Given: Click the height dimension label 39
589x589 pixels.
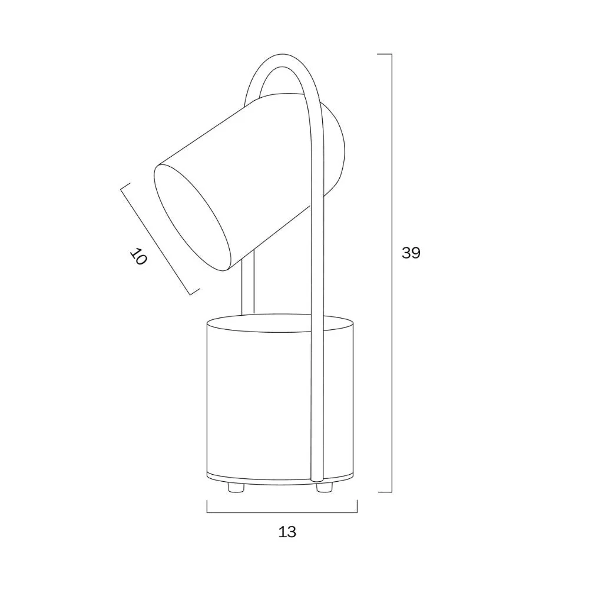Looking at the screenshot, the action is click(411, 253).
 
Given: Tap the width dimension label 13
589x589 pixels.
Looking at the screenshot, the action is click(287, 531).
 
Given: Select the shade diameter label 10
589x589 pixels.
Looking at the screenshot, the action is click(138, 257).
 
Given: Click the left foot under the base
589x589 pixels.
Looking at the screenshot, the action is click(236, 488).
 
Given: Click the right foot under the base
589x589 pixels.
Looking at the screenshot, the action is click(325, 488).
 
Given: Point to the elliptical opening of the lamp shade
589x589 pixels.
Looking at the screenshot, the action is click(193, 217).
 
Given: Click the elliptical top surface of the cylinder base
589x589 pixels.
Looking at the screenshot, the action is click(280, 323).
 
